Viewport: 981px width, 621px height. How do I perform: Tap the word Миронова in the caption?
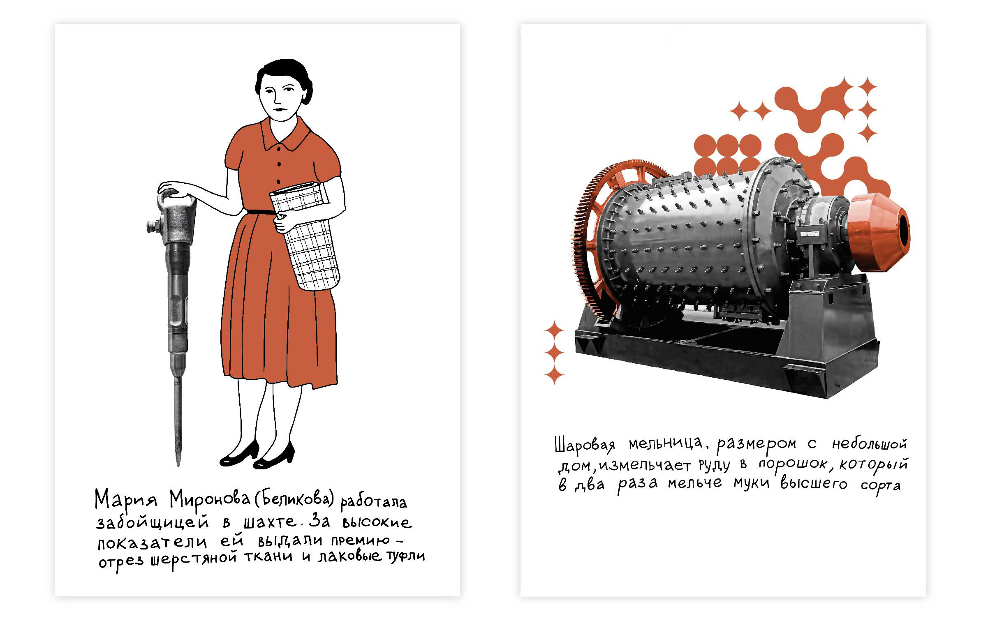pyautogui.click(x=210, y=500)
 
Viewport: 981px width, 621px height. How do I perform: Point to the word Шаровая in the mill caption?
pyautogui.click(x=584, y=445)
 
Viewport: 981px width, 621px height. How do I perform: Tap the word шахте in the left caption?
pyautogui.click(x=269, y=522)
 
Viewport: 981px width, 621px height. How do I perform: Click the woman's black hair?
pyautogui.click(x=280, y=76)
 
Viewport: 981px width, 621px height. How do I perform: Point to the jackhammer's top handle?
pyautogui.click(x=177, y=199)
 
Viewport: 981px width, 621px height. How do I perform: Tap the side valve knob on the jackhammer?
pyautogui.click(x=154, y=226)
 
